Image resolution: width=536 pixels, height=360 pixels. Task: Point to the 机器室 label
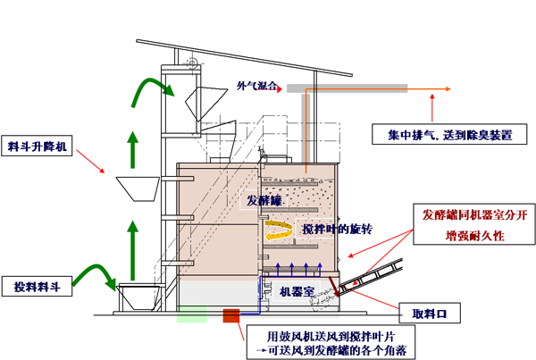(297, 290)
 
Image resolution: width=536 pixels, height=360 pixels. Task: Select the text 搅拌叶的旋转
(337, 229)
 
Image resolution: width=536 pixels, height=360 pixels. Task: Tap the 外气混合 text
(257, 88)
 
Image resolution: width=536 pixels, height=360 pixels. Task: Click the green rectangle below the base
(191, 314)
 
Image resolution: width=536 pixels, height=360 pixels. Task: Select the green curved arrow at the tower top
(148, 90)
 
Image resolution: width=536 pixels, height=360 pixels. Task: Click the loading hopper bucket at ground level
(140, 294)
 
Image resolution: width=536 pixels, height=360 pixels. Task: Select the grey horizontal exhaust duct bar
(348, 88)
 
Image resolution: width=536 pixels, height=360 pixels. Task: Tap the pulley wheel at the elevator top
(190, 60)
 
